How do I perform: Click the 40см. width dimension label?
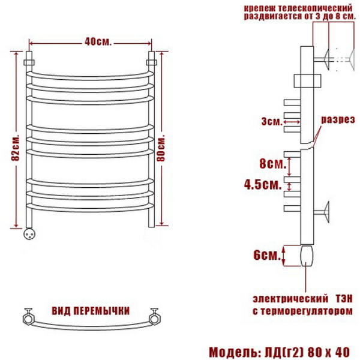95,43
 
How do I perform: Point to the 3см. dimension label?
271,122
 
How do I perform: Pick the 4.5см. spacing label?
265,185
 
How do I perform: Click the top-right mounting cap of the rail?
152,61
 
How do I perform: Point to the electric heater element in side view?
306,254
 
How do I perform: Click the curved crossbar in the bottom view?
92,328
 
